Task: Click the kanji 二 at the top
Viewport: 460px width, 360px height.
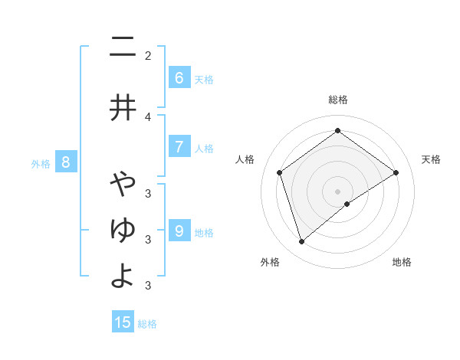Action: click(x=123, y=48)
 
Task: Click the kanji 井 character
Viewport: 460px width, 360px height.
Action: click(x=123, y=107)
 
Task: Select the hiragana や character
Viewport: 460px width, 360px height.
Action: click(x=123, y=185)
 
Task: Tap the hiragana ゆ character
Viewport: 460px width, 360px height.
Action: click(x=123, y=229)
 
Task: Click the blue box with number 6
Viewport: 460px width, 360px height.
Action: click(x=179, y=78)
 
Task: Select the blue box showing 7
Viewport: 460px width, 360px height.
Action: click(x=179, y=147)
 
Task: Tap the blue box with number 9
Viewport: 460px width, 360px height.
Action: click(x=179, y=231)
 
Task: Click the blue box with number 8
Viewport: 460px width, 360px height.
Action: click(x=66, y=162)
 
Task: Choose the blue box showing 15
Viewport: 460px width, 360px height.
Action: click(x=123, y=322)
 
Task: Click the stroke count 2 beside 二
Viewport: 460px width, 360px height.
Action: click(x=148, y=55)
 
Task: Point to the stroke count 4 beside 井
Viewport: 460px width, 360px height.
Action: click(x=148, y=116)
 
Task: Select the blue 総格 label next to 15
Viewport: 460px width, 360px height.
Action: click(x=147, y=324)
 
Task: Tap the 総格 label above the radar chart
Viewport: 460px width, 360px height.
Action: click(x=338, y=100)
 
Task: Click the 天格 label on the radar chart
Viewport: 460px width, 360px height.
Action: click(x=431, y=159)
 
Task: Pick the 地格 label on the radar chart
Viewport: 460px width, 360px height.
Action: click(x=402, y=262)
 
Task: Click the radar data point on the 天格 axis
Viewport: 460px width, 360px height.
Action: click(x=396, y=172)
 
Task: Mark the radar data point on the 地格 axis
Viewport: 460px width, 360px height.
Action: click(x=347, y=204)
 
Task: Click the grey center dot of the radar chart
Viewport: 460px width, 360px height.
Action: click(x=338, y=191)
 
